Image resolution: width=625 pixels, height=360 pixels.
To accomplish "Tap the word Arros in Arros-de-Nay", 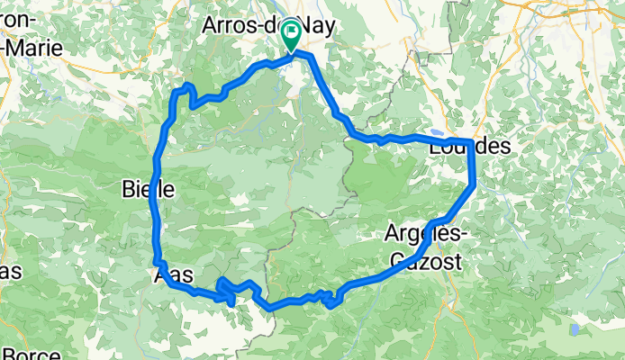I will pos(231,26).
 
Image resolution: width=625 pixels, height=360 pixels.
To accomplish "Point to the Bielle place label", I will pos(142,189).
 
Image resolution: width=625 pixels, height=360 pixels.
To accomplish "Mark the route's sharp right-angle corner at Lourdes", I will pos(471,141).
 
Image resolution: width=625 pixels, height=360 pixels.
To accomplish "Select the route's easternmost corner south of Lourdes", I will pos(474,185).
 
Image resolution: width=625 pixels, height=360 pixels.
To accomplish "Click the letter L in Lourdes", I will pos(438,146).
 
